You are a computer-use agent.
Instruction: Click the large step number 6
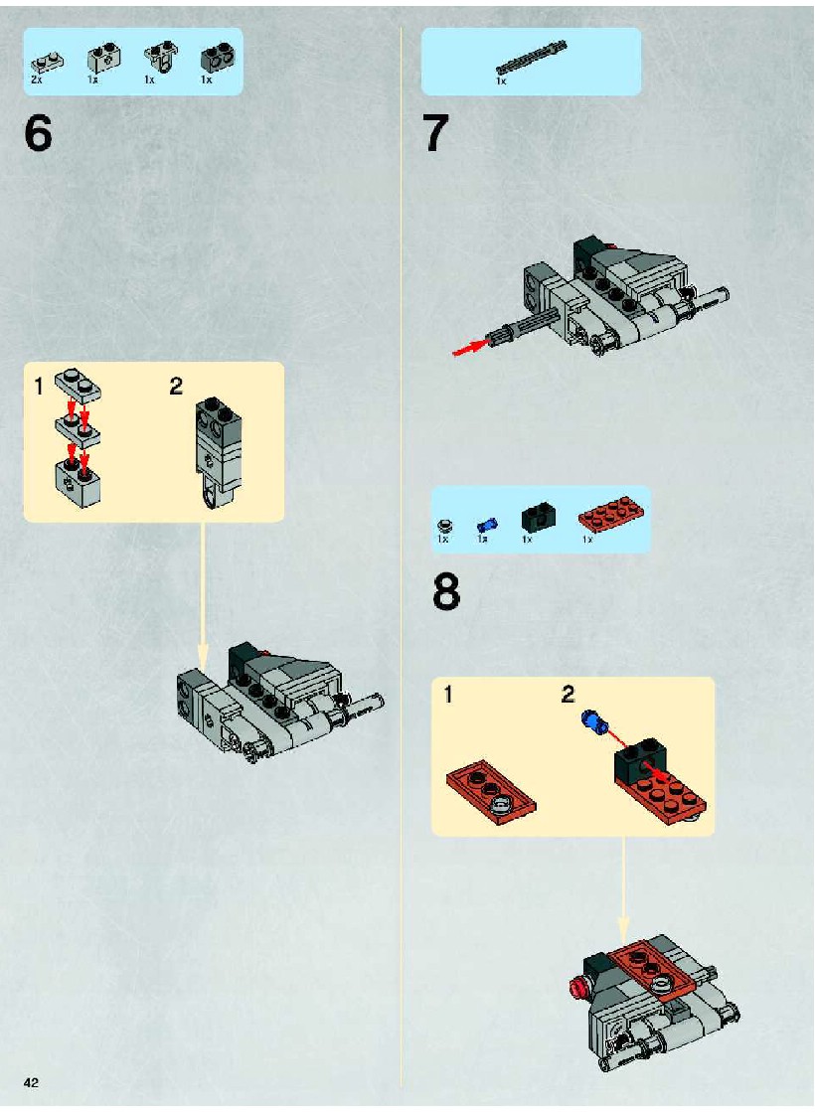[x=39, y=132]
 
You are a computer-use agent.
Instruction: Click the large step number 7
[x=436, y=133]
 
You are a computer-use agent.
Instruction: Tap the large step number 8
[x=446, y=593]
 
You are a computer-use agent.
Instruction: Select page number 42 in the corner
[x=31, y=1082]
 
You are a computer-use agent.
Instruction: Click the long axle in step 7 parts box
[x=532, y=59]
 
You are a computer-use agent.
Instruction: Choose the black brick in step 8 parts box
[x=539, y=517]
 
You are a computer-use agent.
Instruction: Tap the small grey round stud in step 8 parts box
[x=444, y=526]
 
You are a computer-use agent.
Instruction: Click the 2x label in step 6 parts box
[x=37, y=80]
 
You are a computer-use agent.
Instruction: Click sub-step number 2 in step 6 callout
[x=176, y=387]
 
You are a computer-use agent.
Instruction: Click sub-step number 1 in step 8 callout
[x=447, y=695]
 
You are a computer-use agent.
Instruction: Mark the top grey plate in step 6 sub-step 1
[x=79, y=386]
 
